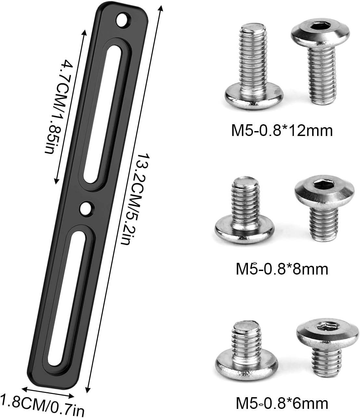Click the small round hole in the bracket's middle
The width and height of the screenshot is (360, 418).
point(86,208)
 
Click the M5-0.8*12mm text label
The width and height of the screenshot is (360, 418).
point(282,131)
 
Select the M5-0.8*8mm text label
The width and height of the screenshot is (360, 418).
point(282,269)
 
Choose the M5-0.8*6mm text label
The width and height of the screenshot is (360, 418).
point(282,403)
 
